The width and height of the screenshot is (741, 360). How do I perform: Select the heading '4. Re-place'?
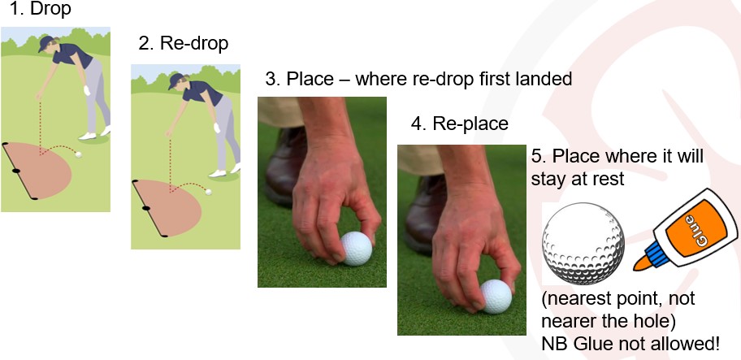pyautogui.click(x=459, y=124)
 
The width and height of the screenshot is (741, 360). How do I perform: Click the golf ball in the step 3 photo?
pyautogui.click(x=355, y=249)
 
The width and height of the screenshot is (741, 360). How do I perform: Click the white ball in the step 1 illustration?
pyautogui.click(x=78, y=153)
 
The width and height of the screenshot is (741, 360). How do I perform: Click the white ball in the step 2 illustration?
pyautogui.click(x=209, y=193)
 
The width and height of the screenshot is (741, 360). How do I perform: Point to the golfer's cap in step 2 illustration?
pyautogui.click(x=176, y=80)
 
